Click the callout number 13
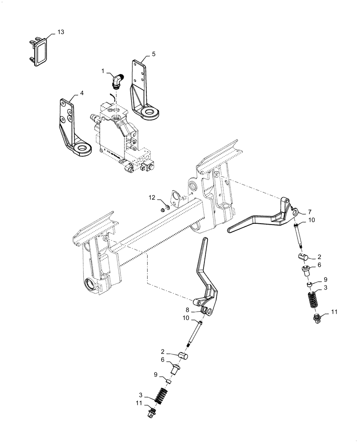(x=61, y=32)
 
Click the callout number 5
(x=153, y=54)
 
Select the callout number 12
(x=152, y=197)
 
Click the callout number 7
(x=310, y=212)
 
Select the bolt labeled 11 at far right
(x=317, y=318)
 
